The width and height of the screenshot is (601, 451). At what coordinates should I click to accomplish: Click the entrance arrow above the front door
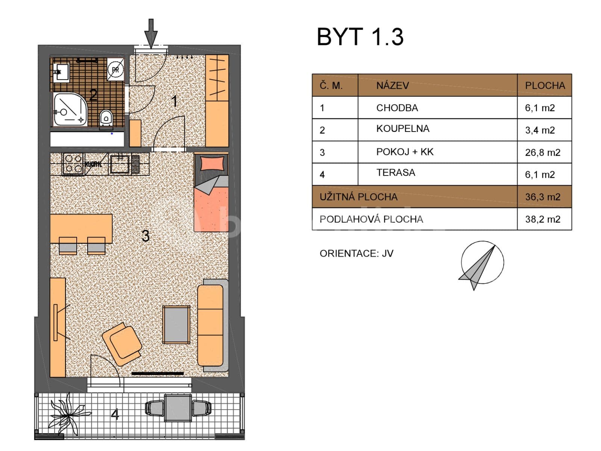[x=151, y=33]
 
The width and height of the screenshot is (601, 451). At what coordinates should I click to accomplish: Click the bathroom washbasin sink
[x=61, y=72]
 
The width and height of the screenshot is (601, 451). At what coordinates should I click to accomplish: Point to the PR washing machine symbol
[x=115, y=70]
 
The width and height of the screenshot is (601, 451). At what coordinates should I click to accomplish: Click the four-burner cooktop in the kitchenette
[x=73, y=164]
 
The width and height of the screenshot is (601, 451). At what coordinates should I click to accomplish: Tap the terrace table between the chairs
[x=177, y=408]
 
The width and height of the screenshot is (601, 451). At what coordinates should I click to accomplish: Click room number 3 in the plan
[x=145, y=236]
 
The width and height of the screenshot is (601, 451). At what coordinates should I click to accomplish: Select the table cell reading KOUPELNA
[x=403, y=129]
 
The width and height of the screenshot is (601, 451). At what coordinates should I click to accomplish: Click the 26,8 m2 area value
[x=542, y=152]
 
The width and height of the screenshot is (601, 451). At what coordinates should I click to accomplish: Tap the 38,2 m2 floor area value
[x=542, y=219]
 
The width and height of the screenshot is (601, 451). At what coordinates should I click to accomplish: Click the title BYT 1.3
[x=360, y=37]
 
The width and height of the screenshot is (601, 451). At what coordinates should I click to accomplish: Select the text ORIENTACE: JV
[x=356, y=254]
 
